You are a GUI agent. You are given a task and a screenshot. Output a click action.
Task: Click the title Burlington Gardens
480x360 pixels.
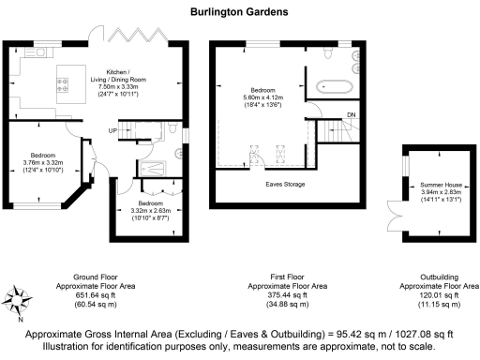tap(238, 13)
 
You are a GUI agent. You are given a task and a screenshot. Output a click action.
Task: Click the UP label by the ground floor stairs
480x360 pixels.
tap(112, 129)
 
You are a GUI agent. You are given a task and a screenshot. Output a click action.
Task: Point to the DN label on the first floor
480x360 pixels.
tap(352, 115)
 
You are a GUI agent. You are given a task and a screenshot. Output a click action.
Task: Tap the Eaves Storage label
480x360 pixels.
tap(282, 184)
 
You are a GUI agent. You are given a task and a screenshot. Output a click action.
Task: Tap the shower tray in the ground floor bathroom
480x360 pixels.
tap(151, 168)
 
